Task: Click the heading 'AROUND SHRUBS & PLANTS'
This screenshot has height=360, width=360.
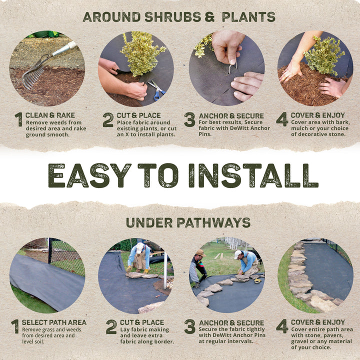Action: click(179, 16)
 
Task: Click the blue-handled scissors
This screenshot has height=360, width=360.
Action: click(157, 90)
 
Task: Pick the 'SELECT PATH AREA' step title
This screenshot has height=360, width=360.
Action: click(53, 322)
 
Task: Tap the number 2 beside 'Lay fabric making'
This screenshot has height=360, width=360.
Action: click(111, 327)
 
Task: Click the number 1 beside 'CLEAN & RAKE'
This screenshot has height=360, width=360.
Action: click(18, 119)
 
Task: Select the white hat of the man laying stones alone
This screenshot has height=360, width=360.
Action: click(140, 246)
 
